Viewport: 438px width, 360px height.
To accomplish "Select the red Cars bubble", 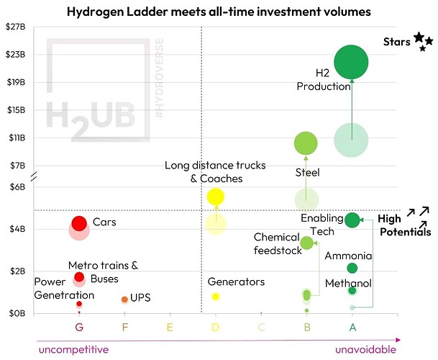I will click(79, 223).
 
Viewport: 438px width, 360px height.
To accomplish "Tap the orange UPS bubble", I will click(124, 299).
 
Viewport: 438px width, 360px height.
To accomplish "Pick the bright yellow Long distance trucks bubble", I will click(215, 197).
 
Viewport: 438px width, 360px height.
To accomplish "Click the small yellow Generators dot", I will click(215, 297).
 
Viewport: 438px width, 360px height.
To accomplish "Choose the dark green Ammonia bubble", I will click(352, 268).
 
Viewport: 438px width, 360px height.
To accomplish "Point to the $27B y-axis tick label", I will click(16, 27).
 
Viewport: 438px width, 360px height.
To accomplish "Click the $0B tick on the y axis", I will click(16, 313).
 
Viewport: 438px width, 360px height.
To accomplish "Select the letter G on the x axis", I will click(79, 327).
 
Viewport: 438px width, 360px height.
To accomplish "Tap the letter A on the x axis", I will click(352, 327).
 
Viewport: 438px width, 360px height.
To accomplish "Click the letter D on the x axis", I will click(215, 327).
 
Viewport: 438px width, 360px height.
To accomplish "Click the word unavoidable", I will click(366, 349).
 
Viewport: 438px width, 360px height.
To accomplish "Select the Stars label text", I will click(396, 42).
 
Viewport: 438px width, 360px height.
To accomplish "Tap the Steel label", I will click(308, 173).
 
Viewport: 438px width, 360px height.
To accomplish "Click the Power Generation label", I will click(64, 287).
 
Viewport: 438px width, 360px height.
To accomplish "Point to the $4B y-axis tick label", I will click(16, 229).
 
